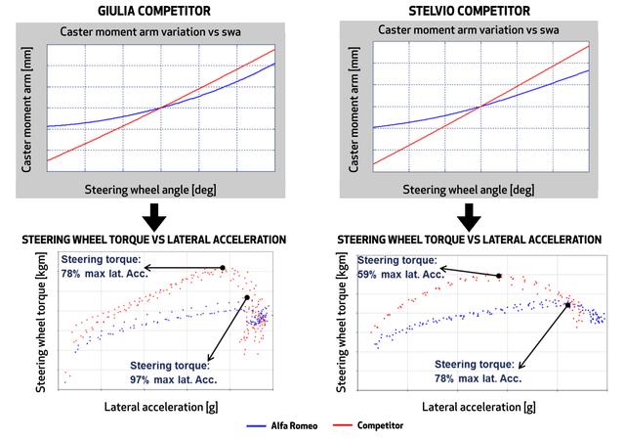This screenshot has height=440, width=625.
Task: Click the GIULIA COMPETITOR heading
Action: [157, 12]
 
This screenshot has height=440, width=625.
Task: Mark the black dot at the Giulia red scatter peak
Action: [223, 267]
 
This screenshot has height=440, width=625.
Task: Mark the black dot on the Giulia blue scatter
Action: [247, 297]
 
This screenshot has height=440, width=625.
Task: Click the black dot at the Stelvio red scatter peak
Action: [499, 277]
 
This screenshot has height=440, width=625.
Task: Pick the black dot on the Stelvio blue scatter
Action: [567, 305]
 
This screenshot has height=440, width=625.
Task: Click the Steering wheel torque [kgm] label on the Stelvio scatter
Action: [344, 323]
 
